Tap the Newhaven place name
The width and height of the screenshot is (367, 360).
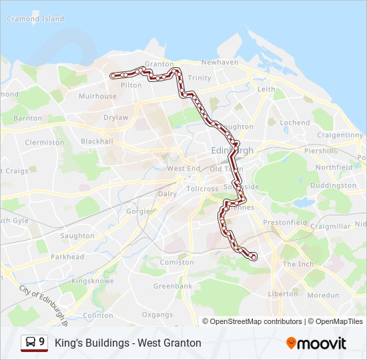pyautogui.click(x=220, y=62)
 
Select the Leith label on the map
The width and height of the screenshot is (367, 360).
pyautogui.click(x=266, y=89)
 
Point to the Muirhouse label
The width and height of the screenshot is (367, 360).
pyautogui.click(x=97, y=96)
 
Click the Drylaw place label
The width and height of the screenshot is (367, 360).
pyautogui.click(x=115, y=117)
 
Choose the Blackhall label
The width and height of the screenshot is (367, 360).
pyautogui.click(x=97, y=141)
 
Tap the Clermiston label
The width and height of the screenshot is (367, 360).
pyautogui.click(x=44, y=142)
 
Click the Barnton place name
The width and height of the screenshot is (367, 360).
pyautogui.click(x=27, y=118)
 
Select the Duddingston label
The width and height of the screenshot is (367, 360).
pyautogui.click(x=334, y=185)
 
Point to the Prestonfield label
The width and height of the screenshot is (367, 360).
pyautogui.click(x=285, y=223)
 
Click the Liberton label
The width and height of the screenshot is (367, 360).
pyautogui.click(x=283, y=293)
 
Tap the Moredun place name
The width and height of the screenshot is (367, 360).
pyautogui.click(x=323, y=294)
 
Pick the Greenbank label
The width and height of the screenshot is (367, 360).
pyautogui.click(x=173, y=286)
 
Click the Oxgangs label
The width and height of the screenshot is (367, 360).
pyautogui.click(x=157, y=314)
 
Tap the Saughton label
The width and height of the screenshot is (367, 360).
pyautogui.click(x=77, y=235)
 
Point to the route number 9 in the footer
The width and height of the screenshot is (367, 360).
pyautogui.click(x=42, y=343)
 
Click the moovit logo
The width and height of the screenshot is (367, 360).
pyautogui.click(x=316, y=343)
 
